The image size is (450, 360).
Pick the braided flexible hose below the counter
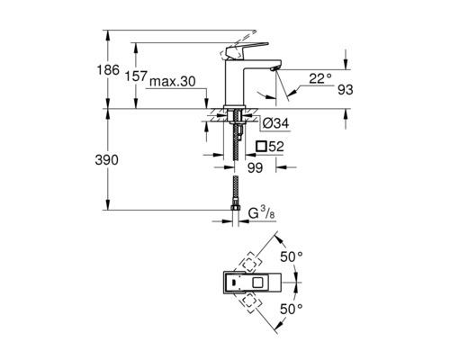235,171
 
